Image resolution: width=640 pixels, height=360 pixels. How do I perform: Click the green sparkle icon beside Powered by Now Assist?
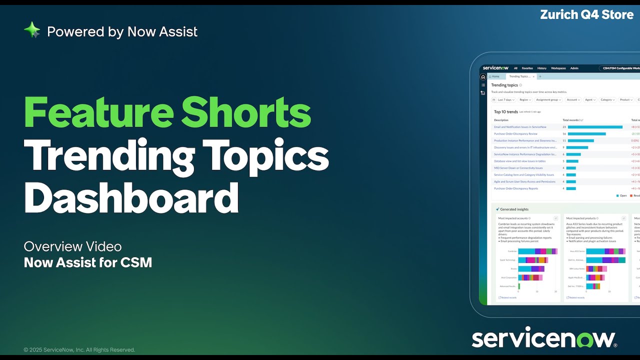pos(32,30)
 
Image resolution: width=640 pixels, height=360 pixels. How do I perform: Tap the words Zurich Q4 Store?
pos(586,14)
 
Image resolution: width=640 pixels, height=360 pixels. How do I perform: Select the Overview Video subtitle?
pos(72,246)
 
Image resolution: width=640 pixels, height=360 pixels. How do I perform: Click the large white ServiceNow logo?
pos(544,338)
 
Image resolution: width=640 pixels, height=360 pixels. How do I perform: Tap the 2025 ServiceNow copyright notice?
pos(79,350)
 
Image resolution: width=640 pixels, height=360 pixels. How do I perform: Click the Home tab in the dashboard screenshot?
pos(494,76)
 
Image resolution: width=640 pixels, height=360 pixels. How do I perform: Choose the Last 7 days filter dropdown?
pos(502,100)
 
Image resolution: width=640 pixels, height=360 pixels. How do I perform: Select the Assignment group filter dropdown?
pos(548,100)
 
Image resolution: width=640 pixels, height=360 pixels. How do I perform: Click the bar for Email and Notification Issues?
pos(595,127)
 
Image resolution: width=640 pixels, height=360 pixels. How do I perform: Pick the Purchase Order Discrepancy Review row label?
pos(515,134)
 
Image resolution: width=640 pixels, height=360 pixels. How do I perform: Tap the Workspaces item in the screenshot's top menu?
pos(558,68)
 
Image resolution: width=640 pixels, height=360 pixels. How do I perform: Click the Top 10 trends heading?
pos(505,112)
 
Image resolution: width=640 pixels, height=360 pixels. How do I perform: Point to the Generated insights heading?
pos(514,209)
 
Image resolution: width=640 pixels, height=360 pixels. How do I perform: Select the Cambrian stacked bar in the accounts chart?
pos(537,251)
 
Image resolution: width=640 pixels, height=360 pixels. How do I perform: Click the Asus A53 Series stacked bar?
pos(605,251)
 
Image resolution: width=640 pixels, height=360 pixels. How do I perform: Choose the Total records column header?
pos(571,120)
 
